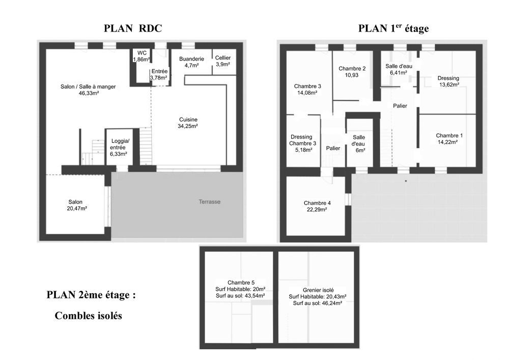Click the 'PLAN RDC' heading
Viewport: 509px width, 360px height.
point(133,29)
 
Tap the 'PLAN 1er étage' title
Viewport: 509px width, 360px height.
point(393,29)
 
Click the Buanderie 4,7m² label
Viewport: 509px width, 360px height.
point(191,62)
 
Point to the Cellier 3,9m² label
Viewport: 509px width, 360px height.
point(222,61)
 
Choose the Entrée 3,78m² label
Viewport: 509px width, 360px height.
point(159,75)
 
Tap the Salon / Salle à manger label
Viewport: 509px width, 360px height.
point(88,90)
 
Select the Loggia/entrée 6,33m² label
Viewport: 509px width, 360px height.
point(118,147)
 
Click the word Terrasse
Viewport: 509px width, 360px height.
point(210,202)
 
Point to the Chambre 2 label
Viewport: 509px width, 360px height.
point(352,72)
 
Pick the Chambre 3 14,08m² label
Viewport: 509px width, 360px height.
point(307,89)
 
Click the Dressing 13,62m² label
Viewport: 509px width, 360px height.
point(448,81)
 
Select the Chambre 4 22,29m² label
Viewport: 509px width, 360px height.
point(317,205)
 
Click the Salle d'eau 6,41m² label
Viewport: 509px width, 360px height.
point(398,69)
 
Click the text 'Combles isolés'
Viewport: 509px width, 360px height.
point(88,316)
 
